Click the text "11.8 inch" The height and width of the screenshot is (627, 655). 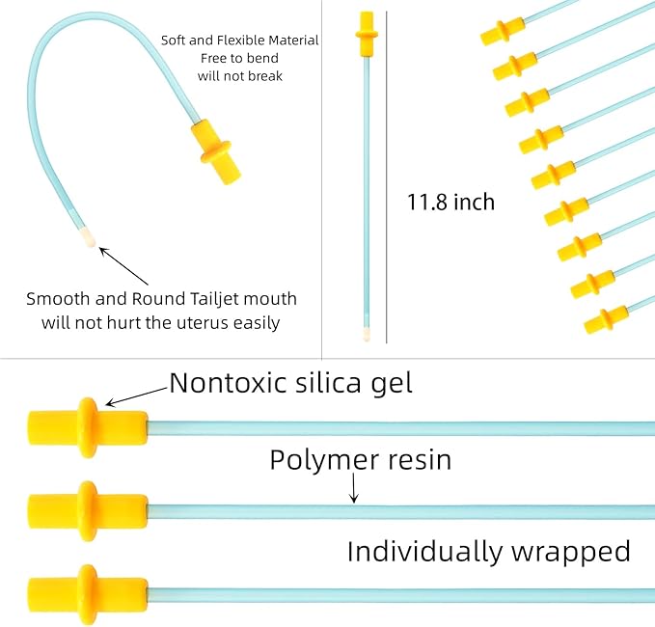(450, 202)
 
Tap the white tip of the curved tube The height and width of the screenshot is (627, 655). (88, 237)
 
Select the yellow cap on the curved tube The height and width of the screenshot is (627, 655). (216, 152)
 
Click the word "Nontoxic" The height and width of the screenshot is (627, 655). (228, 382)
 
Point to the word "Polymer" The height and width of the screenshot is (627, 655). (324, 461)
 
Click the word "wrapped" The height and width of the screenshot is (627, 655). (571, 552)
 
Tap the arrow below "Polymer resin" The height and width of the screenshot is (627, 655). (354, 487)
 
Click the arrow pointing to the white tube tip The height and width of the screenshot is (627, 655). (123, 266)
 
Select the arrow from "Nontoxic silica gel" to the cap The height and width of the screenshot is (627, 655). (137, 396)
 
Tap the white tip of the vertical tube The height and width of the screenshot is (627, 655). (367, 334)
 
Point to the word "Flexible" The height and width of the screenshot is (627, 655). (239, 41)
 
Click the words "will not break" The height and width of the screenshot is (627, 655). (240, 76)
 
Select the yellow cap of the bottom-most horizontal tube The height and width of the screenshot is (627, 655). (88, 594)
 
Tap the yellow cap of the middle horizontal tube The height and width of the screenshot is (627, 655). (88, 511)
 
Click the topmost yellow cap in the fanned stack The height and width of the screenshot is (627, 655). (503, 31)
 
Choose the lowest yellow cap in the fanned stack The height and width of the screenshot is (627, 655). (606, 319)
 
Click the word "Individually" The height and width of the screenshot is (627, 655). (425, 552)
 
